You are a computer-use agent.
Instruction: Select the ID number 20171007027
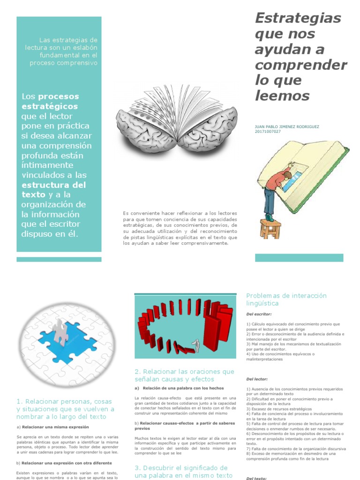268,132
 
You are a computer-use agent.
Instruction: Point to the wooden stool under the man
270,228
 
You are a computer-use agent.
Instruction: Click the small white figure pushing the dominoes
197,346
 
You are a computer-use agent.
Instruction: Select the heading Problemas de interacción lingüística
286,300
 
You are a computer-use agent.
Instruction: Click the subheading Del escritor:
259,314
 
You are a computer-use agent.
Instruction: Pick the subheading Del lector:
257,379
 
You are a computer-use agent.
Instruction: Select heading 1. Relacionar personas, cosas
64,402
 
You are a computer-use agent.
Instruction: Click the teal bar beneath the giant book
299,258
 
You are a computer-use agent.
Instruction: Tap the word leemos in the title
283,96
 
